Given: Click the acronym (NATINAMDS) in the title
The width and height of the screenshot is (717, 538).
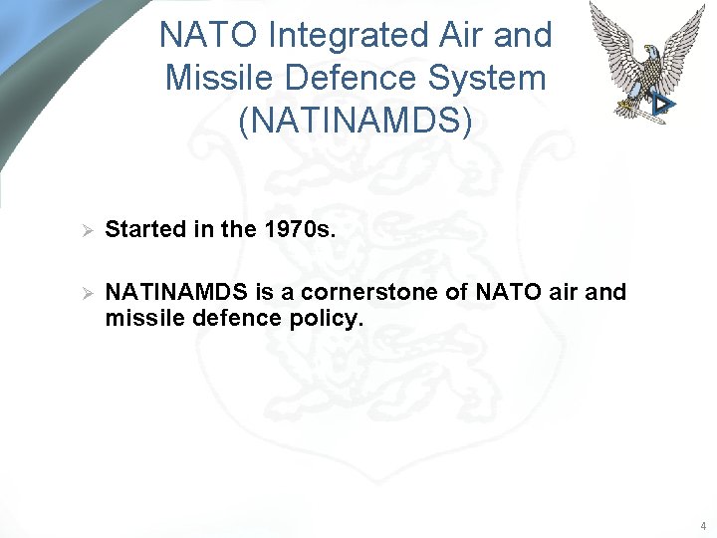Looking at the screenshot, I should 356,120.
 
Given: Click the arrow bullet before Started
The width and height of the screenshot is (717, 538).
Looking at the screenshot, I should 86,230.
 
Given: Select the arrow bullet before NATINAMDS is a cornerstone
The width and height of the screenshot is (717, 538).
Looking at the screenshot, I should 86,294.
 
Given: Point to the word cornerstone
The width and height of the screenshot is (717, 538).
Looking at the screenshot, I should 382,292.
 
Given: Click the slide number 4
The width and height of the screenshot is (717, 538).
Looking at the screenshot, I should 702,525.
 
